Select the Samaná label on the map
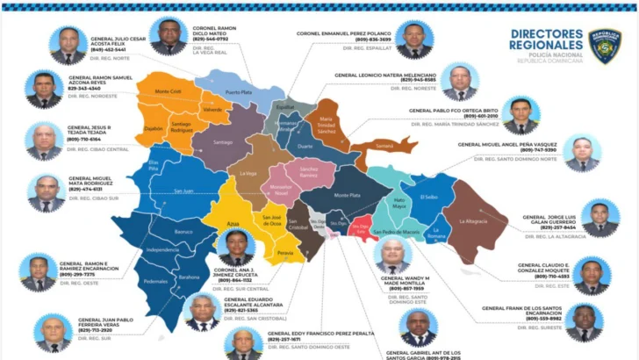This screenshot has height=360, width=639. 383,145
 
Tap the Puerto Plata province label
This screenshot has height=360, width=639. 238,91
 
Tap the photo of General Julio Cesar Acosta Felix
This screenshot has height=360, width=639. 68,44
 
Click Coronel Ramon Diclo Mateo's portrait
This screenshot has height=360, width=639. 169,36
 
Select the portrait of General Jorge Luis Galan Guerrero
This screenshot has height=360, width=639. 600,217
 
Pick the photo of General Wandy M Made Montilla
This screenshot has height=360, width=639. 391,256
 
